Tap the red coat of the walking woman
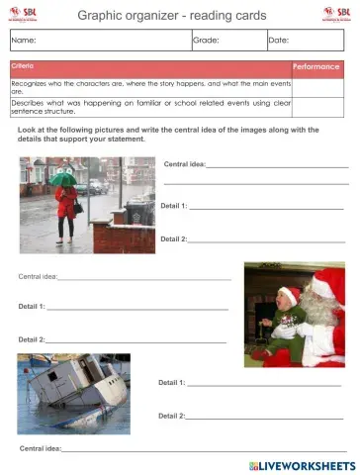point(66,202)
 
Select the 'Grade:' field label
point(206,41)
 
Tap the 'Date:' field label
point(280,41)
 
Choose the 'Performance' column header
point(316,66)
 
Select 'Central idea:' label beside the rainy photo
point(184,164)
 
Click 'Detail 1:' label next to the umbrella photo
point(173,206)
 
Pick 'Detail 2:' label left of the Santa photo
point(31,339)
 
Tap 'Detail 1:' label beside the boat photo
point(171,382)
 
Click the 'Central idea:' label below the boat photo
point(41,448)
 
